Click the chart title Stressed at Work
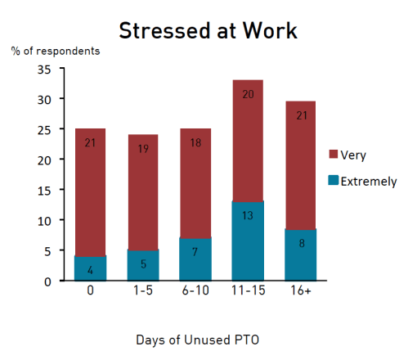point(208,30)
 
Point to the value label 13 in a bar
point(246,240)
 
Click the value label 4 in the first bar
point(91,269)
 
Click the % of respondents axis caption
point(56,51)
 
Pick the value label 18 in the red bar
point(195,143)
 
